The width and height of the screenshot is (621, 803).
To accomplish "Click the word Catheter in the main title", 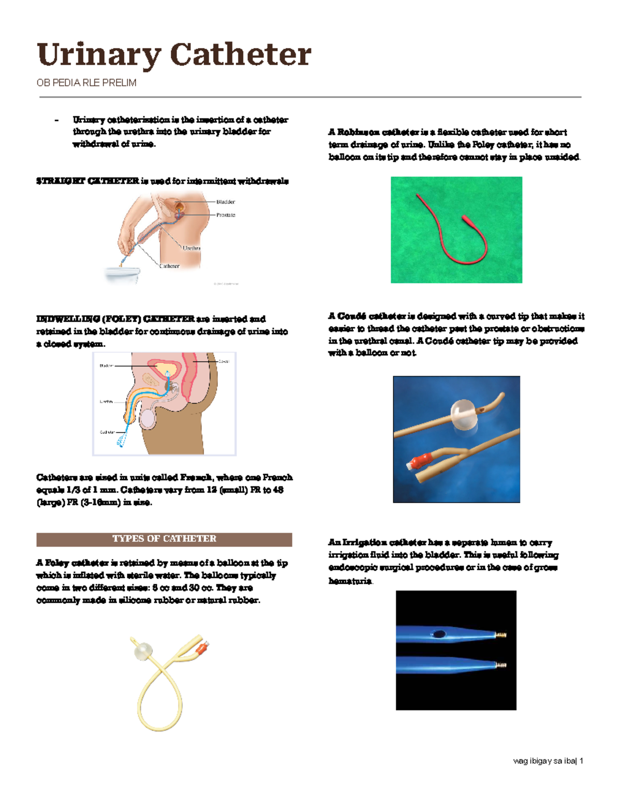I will [x=240, y=55].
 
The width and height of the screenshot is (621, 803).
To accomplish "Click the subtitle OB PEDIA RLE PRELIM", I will [x=86, y=83].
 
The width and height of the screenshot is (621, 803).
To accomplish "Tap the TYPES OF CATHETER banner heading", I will [x=164, y=539].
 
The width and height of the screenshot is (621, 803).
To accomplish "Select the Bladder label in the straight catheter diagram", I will [x=226, y=202].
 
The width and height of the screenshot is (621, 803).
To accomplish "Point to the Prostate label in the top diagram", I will [x=226, y=215].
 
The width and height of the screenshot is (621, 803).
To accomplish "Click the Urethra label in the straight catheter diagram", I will [x=191, y=248].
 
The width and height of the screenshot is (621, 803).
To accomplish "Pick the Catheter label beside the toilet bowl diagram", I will [x=169, y=266].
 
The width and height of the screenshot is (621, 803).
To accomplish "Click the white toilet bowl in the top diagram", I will [x=122, y=275].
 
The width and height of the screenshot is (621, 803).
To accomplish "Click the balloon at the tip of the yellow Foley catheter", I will [x=143, y=652].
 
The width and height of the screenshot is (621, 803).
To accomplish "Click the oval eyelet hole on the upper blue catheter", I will [x=439, y=634].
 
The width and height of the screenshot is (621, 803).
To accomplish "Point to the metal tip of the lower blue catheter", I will [x=500, y=665].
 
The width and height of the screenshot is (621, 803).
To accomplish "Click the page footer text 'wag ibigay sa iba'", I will [x=544, y=761].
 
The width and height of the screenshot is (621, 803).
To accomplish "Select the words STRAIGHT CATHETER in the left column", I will [x=87, y=181].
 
